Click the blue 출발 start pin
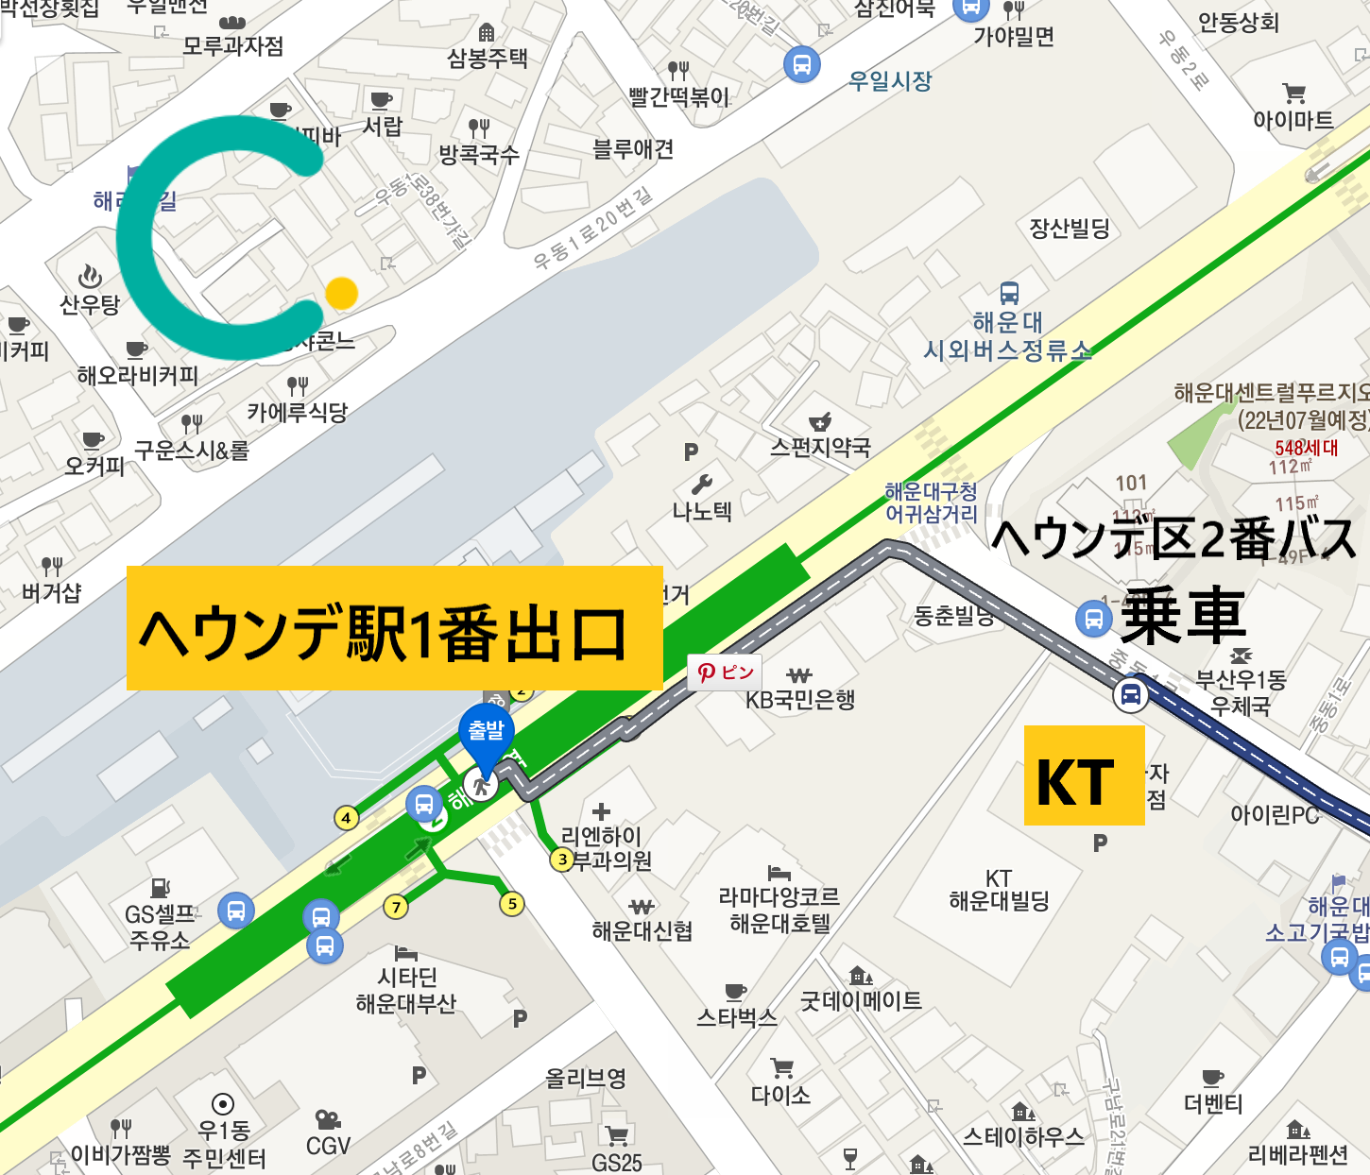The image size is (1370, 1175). [x=487, y=733]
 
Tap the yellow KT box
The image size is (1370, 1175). [x=1085, y=775]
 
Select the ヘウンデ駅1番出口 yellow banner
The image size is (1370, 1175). [x=394, y=628]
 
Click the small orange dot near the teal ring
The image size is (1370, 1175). [x=341, y=294]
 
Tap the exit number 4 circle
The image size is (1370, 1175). [x=347, y=818]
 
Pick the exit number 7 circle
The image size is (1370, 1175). [x=396, y=908]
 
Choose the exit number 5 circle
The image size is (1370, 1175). [x=512, y=904]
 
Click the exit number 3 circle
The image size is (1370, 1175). [x=563, y=860]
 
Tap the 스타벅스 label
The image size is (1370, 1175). [x=737, y=1017]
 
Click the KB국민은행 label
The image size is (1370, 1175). [x=800, y=700]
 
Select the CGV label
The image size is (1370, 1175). [x=328, y=1146]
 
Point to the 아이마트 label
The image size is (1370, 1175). [x=1293, y=120]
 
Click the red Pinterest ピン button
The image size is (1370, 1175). [x=725, y=673]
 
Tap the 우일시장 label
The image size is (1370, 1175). [x=890, y=81]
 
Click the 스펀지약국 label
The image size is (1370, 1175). [x=820, y=447]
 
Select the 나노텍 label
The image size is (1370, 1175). [x=702, y=512]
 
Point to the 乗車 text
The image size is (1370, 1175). [x=1183, y=616]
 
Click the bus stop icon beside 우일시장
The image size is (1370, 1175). [x=802, y=64]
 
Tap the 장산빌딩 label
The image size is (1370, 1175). [x=1070, y=228]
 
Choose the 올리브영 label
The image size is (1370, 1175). [x=586, y=1079]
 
